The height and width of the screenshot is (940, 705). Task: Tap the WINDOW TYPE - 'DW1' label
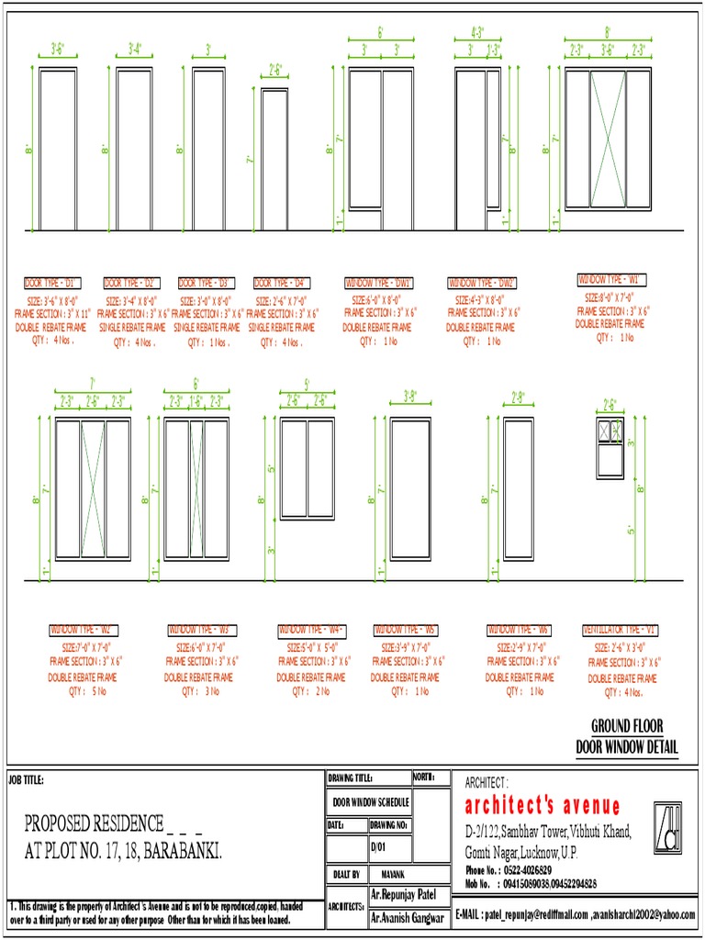click(x=380, y=283)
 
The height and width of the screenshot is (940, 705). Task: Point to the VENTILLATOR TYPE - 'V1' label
click(x=621, y=631)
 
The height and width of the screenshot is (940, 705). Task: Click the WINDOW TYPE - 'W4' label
click(x=311, y=631)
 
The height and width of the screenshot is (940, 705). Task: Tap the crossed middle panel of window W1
click(x=607, y=139)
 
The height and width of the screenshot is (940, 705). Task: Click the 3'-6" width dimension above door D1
click(x=57, y=49)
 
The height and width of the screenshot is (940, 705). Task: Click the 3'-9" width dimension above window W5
click(x=410, y=397)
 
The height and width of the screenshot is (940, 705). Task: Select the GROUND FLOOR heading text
click(x=627, y=725)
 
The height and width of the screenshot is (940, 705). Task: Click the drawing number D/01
click(x=379, y=847)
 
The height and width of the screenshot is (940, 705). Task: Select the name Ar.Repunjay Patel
click(x=405, y=894)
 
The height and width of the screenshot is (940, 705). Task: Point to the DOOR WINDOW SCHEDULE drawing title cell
click(x=370, y=801)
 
